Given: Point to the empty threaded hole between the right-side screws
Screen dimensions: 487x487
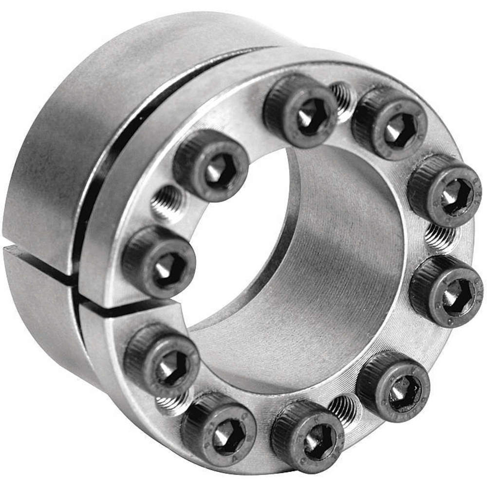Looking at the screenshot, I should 440,237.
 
